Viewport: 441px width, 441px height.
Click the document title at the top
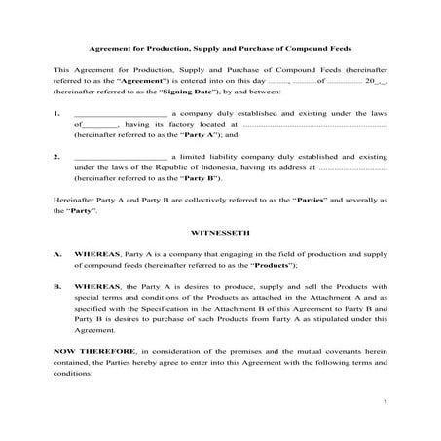[x=220, y=48]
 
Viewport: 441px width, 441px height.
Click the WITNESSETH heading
[x=220, y=234]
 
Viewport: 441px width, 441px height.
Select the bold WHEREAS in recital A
[x=97, y=252]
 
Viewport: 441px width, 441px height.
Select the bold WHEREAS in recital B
[x=97, y=287]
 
